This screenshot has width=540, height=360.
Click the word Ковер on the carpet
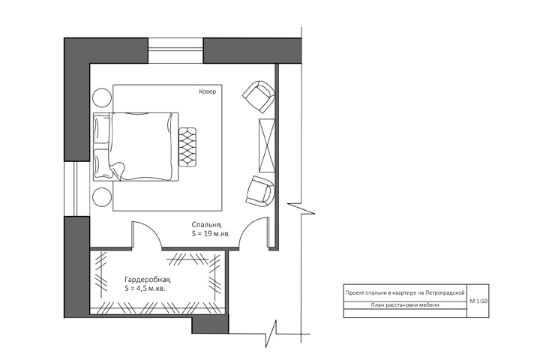pos(208,91)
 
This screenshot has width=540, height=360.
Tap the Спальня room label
pos(207,224)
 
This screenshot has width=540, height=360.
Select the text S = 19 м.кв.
pos(211,233)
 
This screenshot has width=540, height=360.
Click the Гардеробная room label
pos(148,279)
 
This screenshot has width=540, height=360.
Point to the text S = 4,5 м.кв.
pos(145,288)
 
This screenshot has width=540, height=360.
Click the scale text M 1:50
pos(478,301)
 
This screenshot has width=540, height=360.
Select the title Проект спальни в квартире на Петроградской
pos(405,292)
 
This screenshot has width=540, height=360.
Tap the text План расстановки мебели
pos(405,305)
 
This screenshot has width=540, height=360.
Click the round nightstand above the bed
pos(102,98)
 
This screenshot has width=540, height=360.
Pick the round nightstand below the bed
pos(102,197)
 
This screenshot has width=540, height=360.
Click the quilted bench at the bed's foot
pos(187,148)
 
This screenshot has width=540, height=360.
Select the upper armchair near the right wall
pos(259,97)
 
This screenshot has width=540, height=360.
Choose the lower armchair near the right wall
pos(261,191)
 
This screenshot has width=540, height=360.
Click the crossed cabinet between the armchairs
pos(267,145)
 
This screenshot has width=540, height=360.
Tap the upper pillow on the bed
pos(102,129)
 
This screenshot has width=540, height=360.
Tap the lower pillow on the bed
pos(102,163)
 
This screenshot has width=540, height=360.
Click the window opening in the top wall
pos(175,51)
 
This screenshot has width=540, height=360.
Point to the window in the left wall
pos(77,188)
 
